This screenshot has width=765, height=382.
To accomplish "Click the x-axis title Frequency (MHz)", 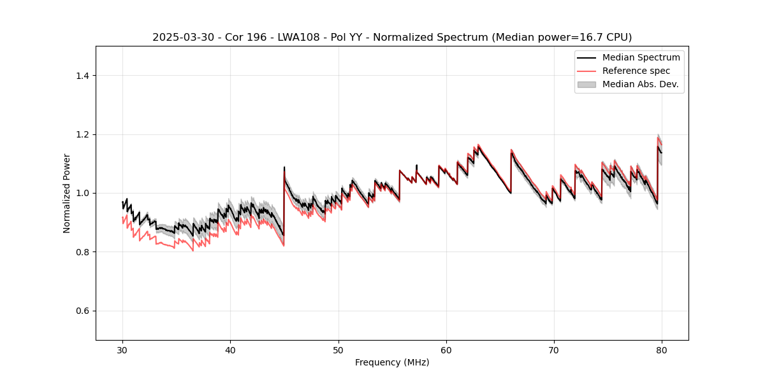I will [x=392, y=362].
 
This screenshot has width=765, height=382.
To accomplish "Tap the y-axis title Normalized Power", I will [x=67, y=193].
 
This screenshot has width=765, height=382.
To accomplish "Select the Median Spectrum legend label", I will [x=641, y=57].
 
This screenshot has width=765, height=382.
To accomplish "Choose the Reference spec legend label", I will [x=636, y=71].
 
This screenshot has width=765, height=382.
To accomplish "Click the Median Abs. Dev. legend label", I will [x=640, y=84].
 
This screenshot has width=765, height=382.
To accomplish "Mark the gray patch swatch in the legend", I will [x=586, y=84].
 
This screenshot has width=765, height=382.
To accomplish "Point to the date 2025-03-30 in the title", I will [x=180, y=38].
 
